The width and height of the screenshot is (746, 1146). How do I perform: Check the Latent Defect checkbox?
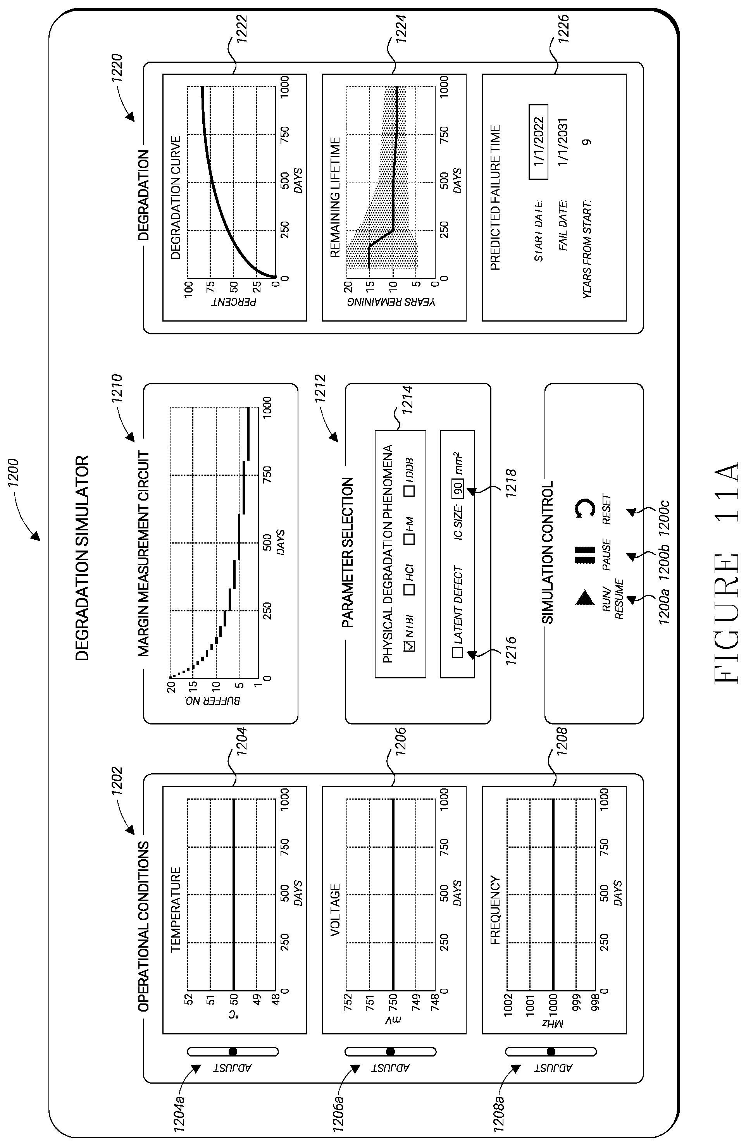tap(458, 652)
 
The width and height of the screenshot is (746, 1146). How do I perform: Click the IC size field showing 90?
tap(458, 490)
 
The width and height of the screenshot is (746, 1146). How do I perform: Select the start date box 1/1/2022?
tap(538, 142)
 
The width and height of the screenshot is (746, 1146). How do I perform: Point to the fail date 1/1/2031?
tap(563, 142)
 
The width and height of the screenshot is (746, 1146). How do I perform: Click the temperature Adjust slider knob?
tap(233, 1051)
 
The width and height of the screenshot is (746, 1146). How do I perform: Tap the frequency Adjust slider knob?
tap(551, 1051)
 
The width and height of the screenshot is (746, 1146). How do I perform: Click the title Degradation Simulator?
tap(83, 559)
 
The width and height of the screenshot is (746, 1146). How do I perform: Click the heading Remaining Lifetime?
tap(335, 198)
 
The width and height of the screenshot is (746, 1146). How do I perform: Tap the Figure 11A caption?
tap(726, 573)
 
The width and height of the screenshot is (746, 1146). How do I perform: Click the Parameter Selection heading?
tap(348, 552)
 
